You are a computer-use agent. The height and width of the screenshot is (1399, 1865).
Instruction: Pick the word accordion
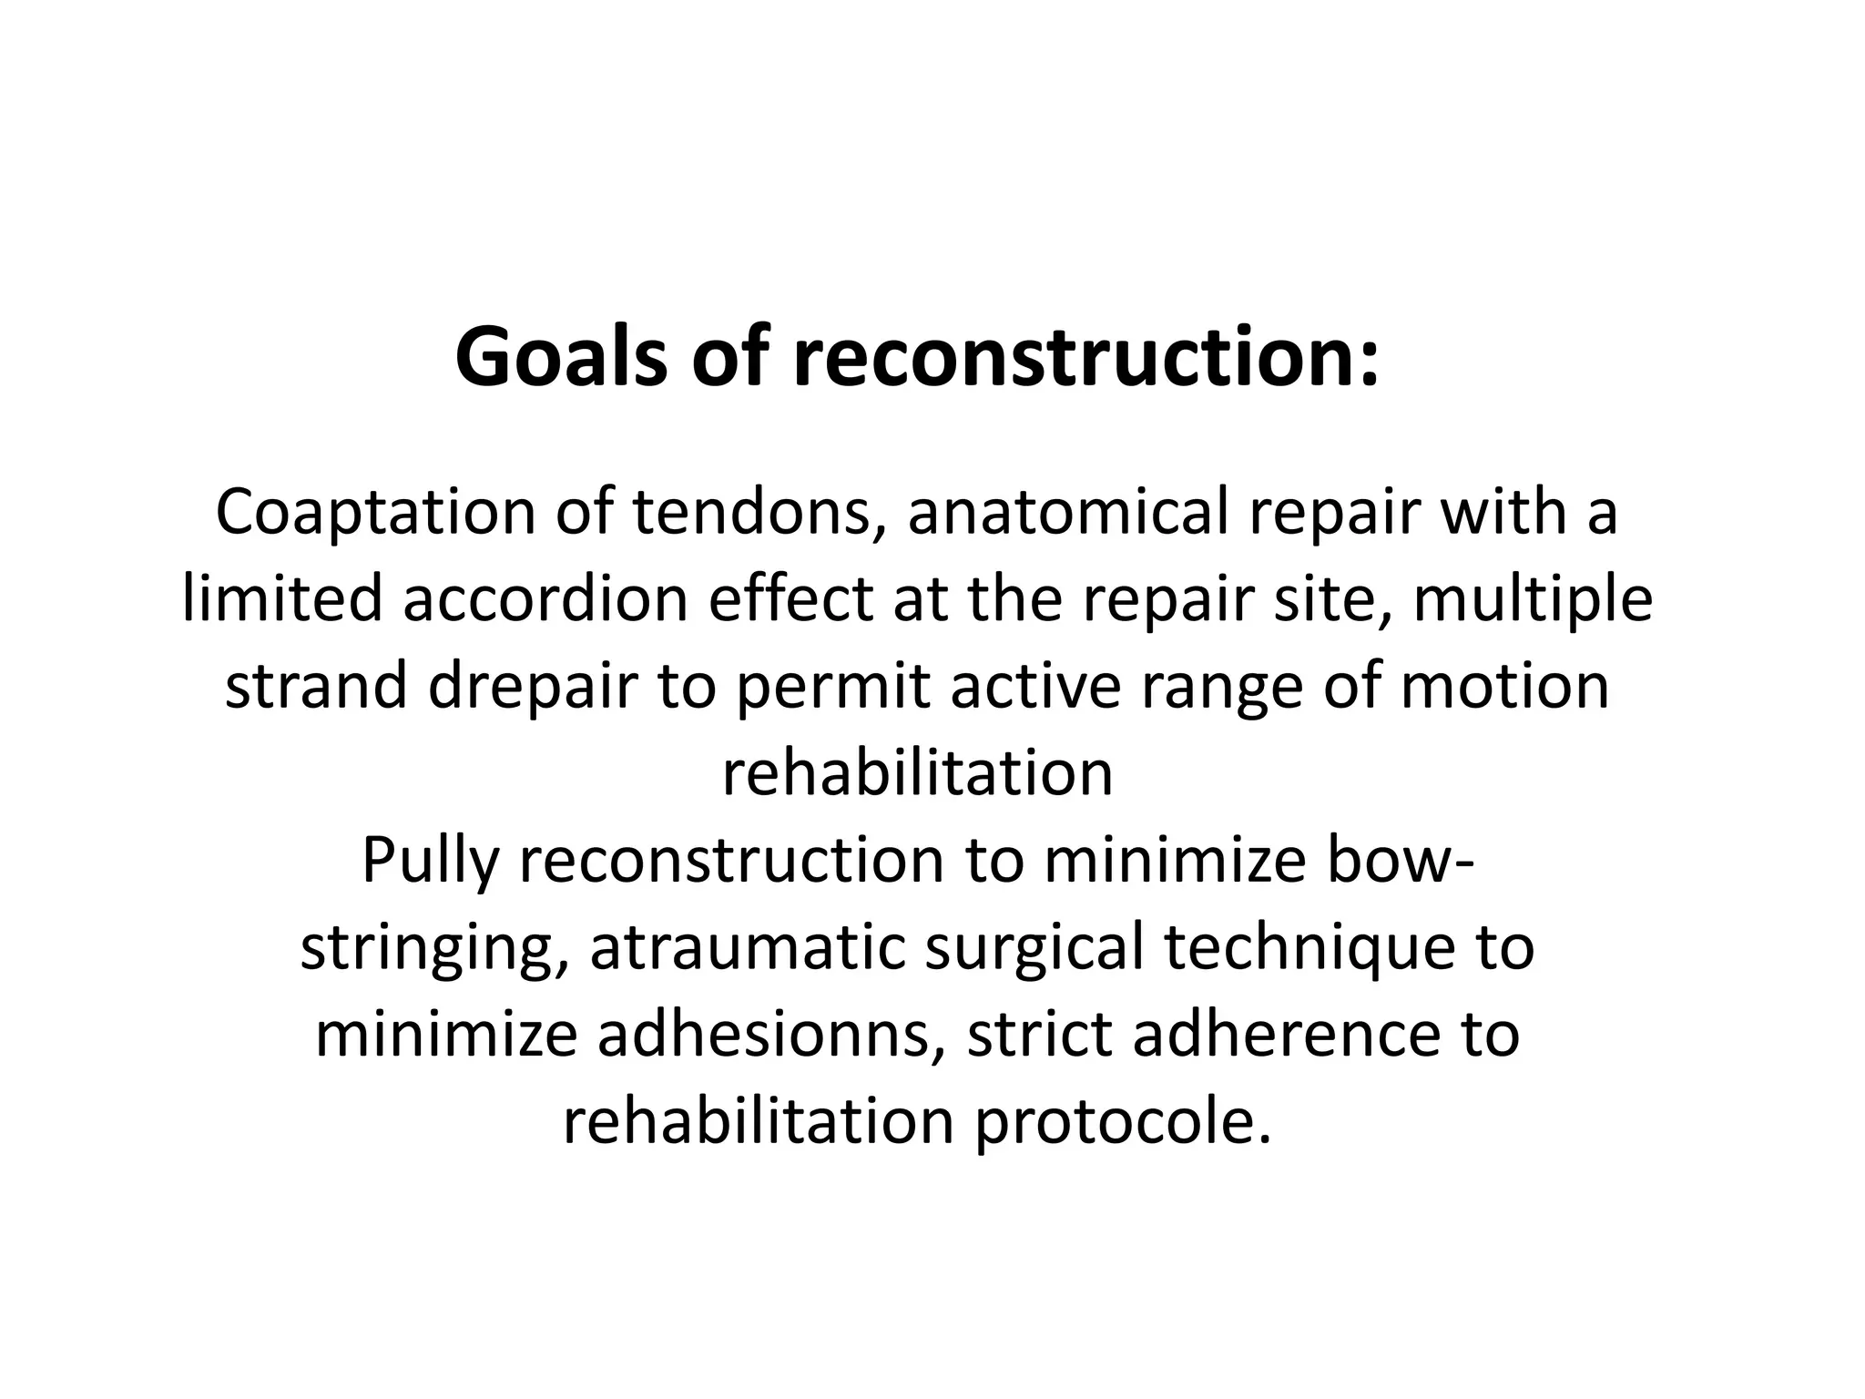pos(545,599)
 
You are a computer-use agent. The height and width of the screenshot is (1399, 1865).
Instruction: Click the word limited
pos(282,599)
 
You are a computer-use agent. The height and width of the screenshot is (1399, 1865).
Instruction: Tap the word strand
pos(315,686)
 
